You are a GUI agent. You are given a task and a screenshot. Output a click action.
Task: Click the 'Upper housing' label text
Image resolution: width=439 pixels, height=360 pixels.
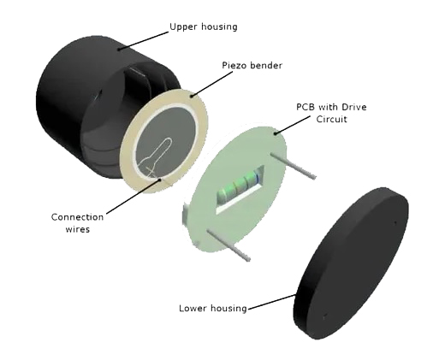pyautogui.click(x=204, y=27)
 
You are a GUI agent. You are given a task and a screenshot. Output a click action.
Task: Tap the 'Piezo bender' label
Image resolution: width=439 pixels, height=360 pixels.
pyautogui.click(x=252, y=65)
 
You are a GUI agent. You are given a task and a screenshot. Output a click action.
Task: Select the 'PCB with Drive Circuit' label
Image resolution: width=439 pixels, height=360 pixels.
pyautogui.click(x=331, y=113)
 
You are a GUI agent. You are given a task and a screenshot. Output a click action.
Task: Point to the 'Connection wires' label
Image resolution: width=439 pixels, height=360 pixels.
pyautogui.click(x=77, y=223)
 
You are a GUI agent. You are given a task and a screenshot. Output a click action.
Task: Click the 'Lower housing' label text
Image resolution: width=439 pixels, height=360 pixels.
pyautogui.click(x=213, y=308)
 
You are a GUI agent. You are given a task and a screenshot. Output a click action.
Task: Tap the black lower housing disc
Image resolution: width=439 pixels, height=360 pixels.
pyautogui.click(x=352, y=263)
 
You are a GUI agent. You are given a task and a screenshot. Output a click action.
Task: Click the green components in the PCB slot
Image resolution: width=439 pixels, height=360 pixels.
pyautogui.click(x=238, y=186)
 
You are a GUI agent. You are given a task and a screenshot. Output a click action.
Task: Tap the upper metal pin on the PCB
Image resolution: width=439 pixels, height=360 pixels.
pyautogui.click(x=293, y=165)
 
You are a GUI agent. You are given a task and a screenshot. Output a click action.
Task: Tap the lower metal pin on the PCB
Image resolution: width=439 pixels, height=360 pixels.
pyautogui.click(x=228, y=245)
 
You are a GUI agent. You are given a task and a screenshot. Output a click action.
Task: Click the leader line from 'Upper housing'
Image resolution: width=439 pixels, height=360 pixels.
pyautogui.click(x=143, y=40)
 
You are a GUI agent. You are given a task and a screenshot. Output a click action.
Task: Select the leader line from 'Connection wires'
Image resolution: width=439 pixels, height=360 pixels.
pyautogui.click(x=133, y=196)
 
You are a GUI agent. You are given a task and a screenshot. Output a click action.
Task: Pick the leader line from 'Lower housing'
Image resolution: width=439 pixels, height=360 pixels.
pyautogui.click(x=272, y=302)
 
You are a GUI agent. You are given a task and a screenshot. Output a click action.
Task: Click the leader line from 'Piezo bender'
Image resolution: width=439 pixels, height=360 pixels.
pyautogui.click(x=212, y=84)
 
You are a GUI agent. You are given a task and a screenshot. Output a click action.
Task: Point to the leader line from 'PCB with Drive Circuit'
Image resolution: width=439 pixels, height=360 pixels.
pyautogui.click(x=293, y=125)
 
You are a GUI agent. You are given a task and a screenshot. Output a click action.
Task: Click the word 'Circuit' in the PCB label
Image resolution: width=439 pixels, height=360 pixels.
pyautogui.click(x=331, y=119)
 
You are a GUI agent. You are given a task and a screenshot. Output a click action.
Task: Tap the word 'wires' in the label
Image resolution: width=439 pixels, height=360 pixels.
pyautogui.click(x=78, y=229)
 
